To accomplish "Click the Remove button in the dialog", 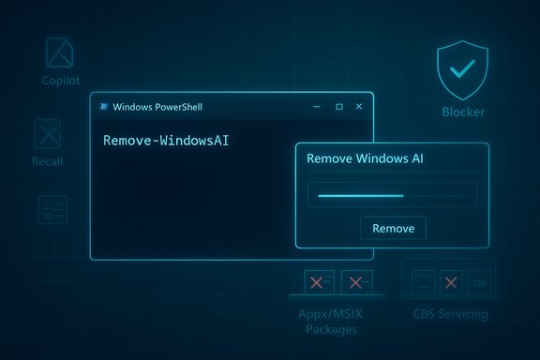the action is click(393, 228).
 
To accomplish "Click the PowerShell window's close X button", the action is click(358, 107).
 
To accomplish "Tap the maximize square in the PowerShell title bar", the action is click(338, 107).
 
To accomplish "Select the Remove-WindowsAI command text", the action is click(166, 141).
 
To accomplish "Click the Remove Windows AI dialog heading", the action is click(365, 159).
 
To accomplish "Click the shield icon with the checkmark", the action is click(463, 70).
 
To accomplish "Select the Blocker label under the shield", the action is click(463, 112).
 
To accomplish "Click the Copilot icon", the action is click(60, 52).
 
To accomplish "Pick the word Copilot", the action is click(61, 81).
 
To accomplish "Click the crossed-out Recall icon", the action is click(47, 135).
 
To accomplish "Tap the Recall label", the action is click(47, 161).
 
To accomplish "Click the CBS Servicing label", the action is click(450, 313).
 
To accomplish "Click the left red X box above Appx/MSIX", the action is click(319, 282).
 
